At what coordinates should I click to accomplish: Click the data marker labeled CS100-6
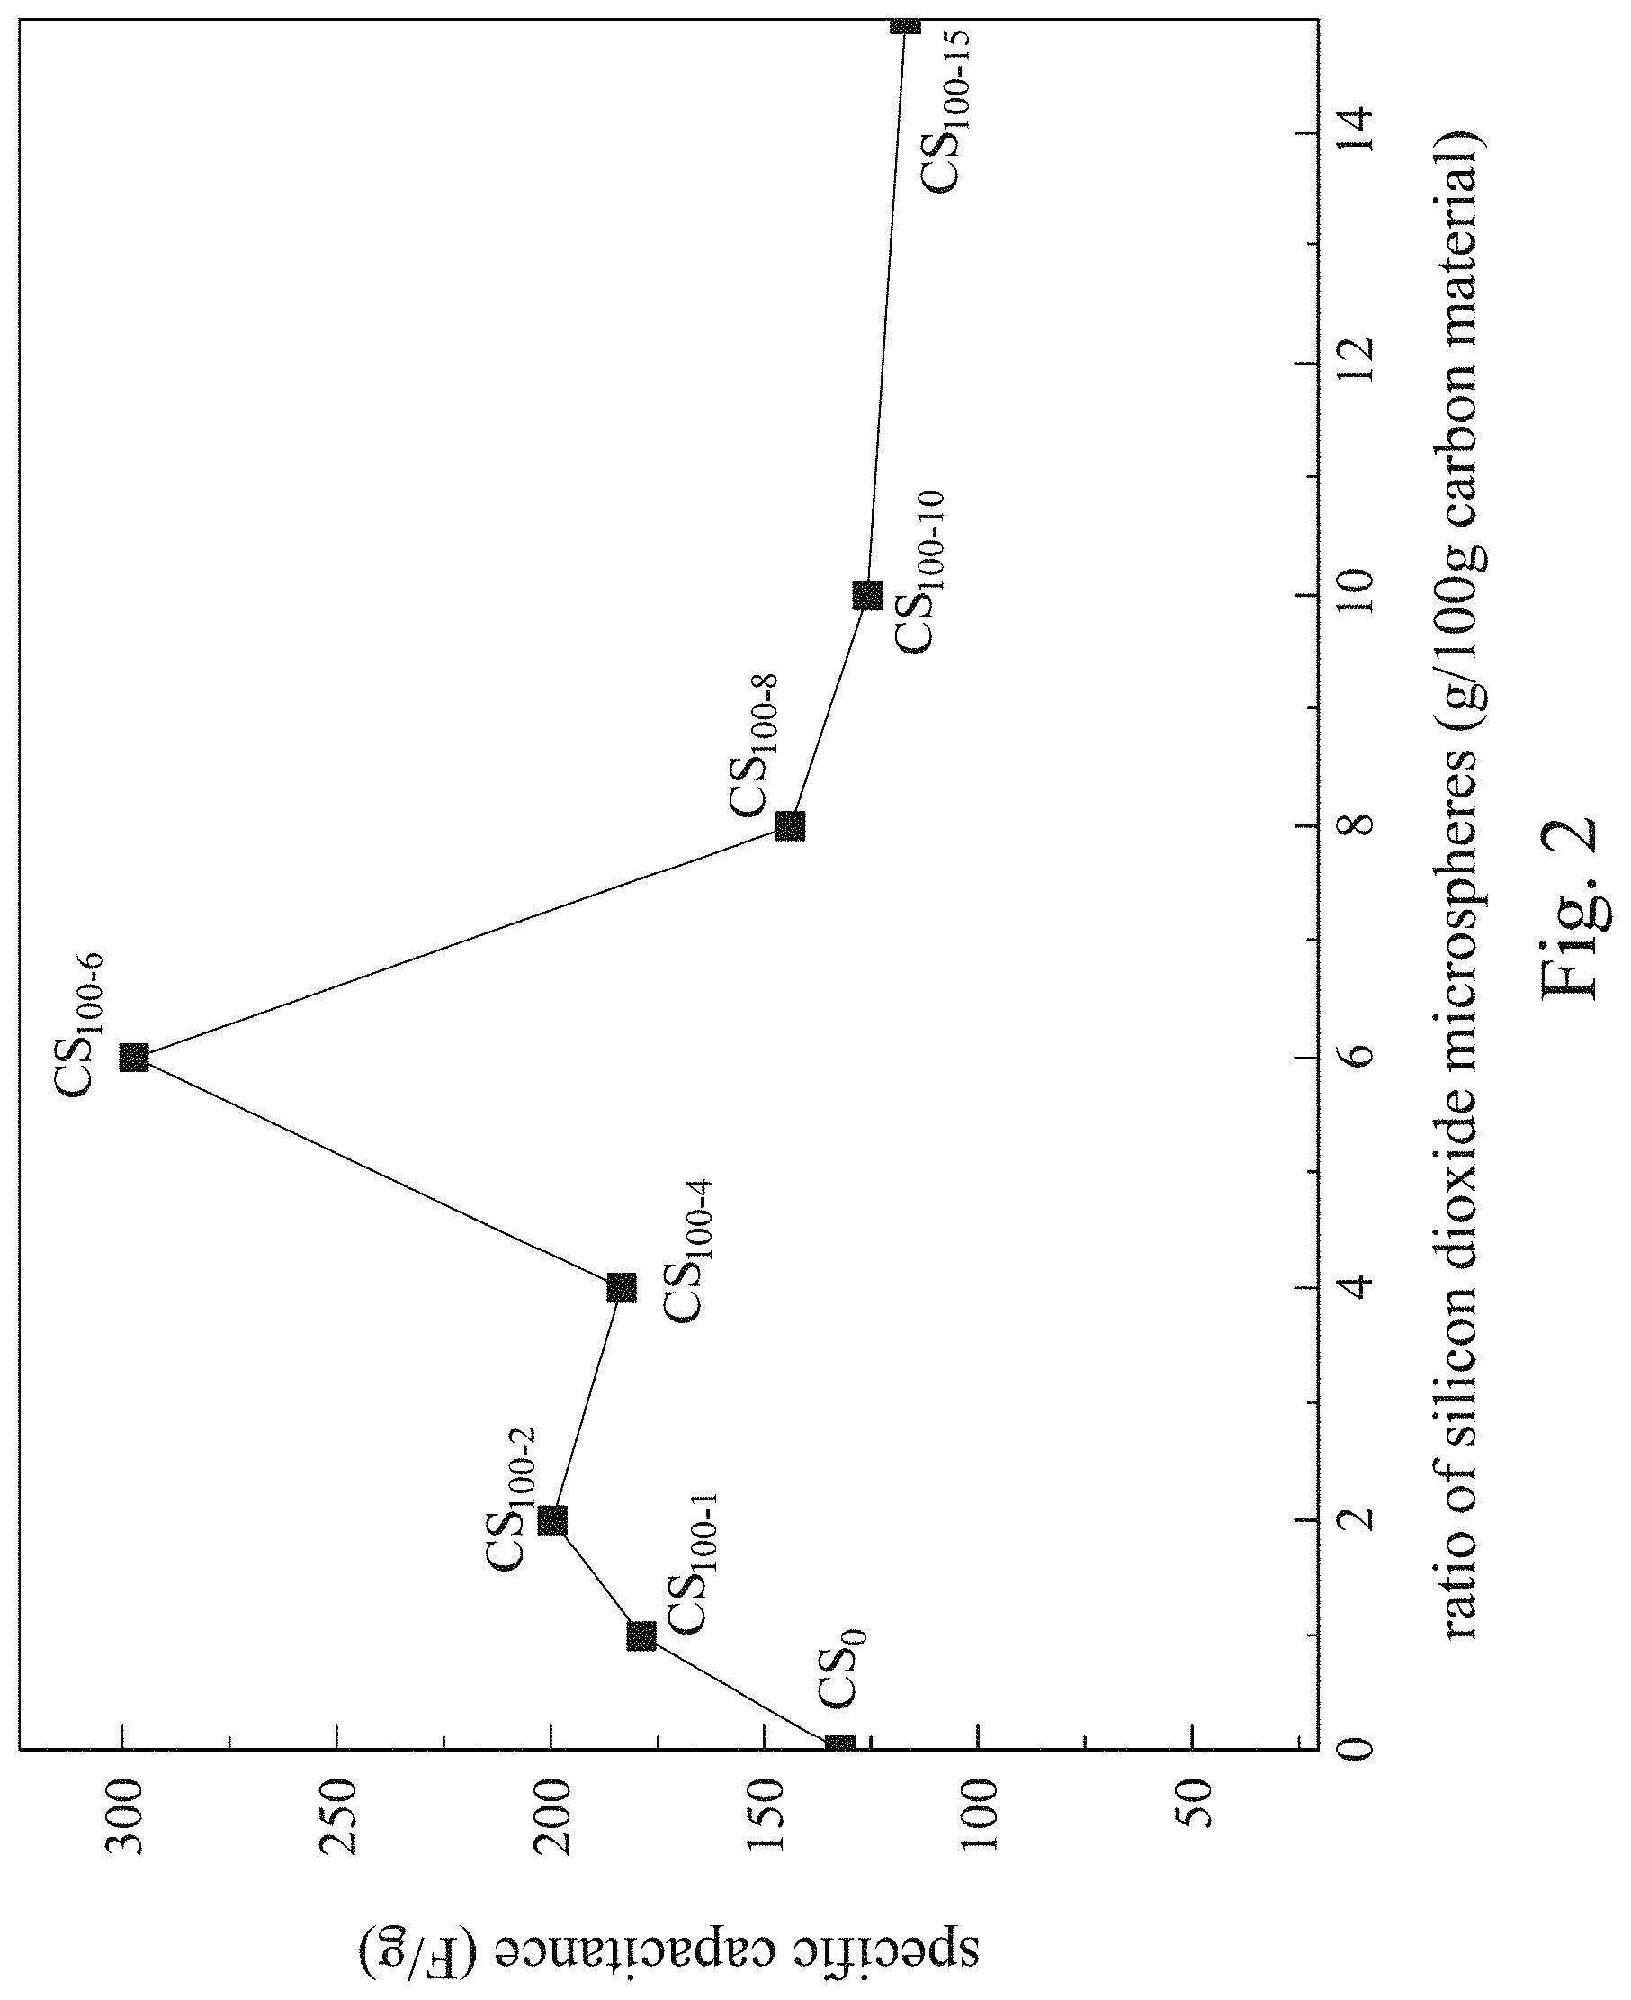(134, 1058)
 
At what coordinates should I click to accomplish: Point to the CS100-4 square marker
(622, 1288)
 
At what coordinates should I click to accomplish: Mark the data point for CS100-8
(790, 826)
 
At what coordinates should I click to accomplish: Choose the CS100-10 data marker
(867, 595)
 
